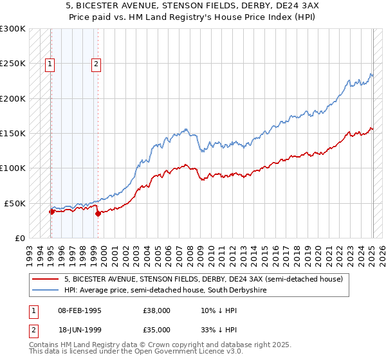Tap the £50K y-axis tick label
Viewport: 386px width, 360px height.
pyautogui.click(x=15, y=203)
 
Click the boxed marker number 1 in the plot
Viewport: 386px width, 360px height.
pyautogui.click(x=50, y=64)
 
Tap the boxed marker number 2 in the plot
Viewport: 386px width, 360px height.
pyautogui.click(x=96, y=64)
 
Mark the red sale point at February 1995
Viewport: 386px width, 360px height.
pyautogui.click(x=51, y=212)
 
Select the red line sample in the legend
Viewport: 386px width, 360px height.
pyautogui.click(x=46, y=279)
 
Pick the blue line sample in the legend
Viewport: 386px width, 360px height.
pyautogui.click(x=46, y=290)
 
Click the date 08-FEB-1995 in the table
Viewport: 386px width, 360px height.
pyautogui.click(x=80, y=310)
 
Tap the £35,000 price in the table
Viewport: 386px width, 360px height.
pyautogui.click(x=157, y=330)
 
